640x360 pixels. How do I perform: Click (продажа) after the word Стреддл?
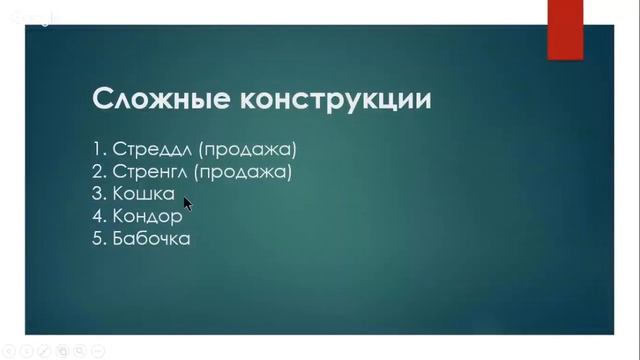(x=248, y=150)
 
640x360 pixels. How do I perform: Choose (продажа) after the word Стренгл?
(x=243, y=172)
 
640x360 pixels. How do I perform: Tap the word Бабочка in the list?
(x=152, y=238)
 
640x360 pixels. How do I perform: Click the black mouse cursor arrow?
(x=187, y=203)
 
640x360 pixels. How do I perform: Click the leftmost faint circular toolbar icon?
(x=7, y=351)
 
